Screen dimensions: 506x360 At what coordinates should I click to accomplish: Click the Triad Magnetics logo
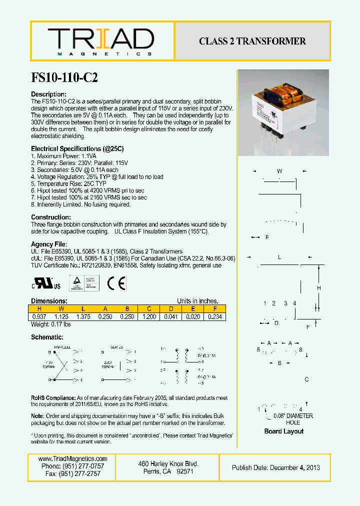[101, 41]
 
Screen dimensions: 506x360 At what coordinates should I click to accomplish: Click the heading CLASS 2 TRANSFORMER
[252, 41]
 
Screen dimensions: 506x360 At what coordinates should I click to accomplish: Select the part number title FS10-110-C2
[64, 78]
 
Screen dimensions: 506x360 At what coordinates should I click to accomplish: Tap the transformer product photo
[282, 113]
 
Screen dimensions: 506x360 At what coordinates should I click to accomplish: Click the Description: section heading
[48, 94]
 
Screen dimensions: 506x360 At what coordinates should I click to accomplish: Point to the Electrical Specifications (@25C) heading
[77, 149]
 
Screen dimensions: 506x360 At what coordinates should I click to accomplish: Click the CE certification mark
[116, 283]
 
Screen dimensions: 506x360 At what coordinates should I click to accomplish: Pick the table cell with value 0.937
[39, 317]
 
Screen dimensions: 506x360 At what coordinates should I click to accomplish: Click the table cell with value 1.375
[83, 317]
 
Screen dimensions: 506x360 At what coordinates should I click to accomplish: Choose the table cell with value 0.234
[215, 317]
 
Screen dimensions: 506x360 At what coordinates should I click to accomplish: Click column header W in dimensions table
[61, 308]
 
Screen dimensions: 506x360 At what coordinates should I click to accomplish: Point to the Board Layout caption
[283, 431]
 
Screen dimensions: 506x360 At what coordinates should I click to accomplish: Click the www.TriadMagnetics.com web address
[73, 458]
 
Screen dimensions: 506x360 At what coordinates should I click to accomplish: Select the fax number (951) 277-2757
[73, 473]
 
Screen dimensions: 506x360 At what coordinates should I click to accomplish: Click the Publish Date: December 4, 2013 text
[276, 467]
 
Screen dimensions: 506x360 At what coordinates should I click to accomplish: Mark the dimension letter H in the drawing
[319, 288]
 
